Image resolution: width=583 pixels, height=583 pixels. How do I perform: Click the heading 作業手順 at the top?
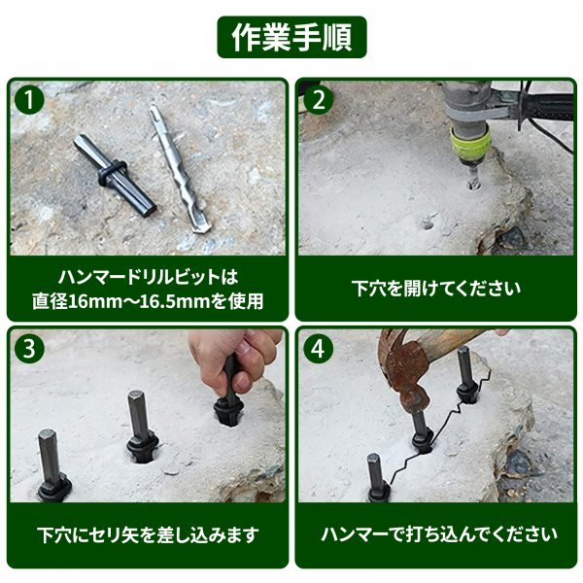(291, 37)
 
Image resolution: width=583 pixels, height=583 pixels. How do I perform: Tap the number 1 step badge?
(29, 100)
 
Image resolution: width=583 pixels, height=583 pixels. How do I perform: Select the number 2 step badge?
(318, 100)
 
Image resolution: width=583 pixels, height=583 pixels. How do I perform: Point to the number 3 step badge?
(29, 349)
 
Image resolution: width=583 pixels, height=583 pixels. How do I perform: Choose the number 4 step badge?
(318, 349)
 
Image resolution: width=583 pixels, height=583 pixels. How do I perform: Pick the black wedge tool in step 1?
(114, 175)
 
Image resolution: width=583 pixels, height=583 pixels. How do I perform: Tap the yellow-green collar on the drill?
(469, 144)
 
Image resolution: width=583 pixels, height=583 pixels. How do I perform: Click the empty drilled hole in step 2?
(427, 223)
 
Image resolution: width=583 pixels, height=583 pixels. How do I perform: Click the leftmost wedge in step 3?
(52, 464)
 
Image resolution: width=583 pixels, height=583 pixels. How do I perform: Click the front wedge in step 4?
(377, 478)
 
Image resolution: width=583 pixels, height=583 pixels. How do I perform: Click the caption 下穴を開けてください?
(435, 289)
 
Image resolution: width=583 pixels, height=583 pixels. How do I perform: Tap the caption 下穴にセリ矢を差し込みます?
(148, 534)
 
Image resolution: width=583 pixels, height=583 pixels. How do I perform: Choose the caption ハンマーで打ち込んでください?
(439, 534)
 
